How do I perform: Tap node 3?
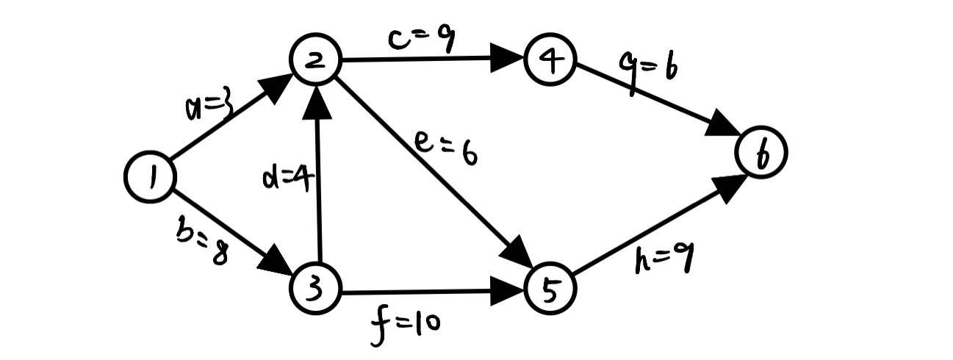[x=316, y=290]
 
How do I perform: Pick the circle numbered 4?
[x=550, y=62]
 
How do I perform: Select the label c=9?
[x=422, y=40]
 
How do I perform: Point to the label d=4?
[x=287, y=177]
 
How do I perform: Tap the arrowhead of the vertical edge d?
[x=317, y=101]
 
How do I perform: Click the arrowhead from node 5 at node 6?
[x=727, y=189]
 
